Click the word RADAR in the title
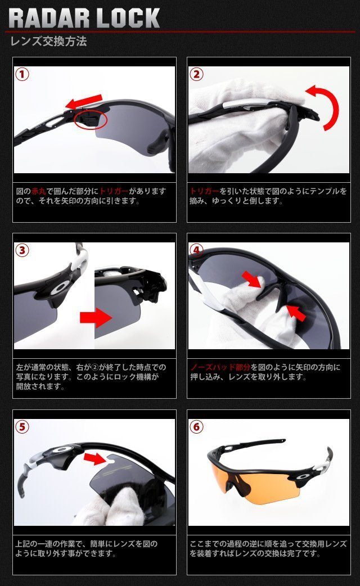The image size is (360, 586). (x=49, y=18)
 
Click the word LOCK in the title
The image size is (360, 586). (x=128, y=18)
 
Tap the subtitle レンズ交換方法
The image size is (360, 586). (x=48, y=41)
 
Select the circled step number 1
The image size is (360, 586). (x=22, y=74)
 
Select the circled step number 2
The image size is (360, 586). (x=196, y=74)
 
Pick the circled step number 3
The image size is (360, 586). (x=22, y=250)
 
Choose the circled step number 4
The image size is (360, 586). (x=196, y=250)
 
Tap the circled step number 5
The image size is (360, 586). (x=22, y=426)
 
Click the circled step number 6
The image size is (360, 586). (x=196, y=426)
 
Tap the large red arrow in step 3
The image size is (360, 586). (x=96, y=318)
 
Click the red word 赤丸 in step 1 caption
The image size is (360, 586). (x=38, y=191)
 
